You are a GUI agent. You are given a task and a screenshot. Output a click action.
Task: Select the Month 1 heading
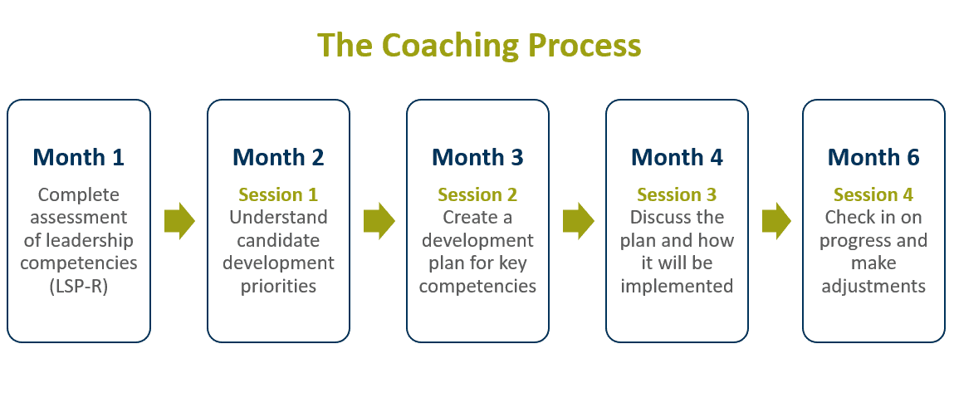(79, 157)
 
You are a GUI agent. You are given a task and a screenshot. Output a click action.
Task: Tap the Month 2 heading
(278, 157)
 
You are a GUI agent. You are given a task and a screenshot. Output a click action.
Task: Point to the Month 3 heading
(477, 157)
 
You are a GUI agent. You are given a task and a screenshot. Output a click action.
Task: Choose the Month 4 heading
(677, 157)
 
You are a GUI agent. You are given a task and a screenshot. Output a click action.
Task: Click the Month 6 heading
(873, 157)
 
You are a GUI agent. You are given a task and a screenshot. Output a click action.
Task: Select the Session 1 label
(278, 195)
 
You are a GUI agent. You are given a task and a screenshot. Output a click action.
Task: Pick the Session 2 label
(477, 195)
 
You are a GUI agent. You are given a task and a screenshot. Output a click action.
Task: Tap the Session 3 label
(677, 195)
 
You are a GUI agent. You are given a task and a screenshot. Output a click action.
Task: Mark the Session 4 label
(873, 195)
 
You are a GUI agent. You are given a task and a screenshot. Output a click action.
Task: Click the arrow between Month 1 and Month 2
(179, 221)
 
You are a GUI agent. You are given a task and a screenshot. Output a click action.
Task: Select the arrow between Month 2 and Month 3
(379, 221)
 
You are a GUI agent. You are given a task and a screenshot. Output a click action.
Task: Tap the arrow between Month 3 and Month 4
(578, 221)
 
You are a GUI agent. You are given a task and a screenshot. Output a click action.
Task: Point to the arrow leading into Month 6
(776, 221)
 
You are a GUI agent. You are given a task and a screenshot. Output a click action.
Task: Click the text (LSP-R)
(79, 287)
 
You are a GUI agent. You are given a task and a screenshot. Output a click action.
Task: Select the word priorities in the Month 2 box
(278, 287)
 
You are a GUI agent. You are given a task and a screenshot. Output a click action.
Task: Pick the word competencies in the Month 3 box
(477, 287)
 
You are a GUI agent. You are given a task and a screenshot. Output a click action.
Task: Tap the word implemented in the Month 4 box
(677, 287)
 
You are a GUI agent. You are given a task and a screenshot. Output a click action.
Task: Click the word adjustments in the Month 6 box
(873, 287)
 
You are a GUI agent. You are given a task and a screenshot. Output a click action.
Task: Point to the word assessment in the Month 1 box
(79, 218)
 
